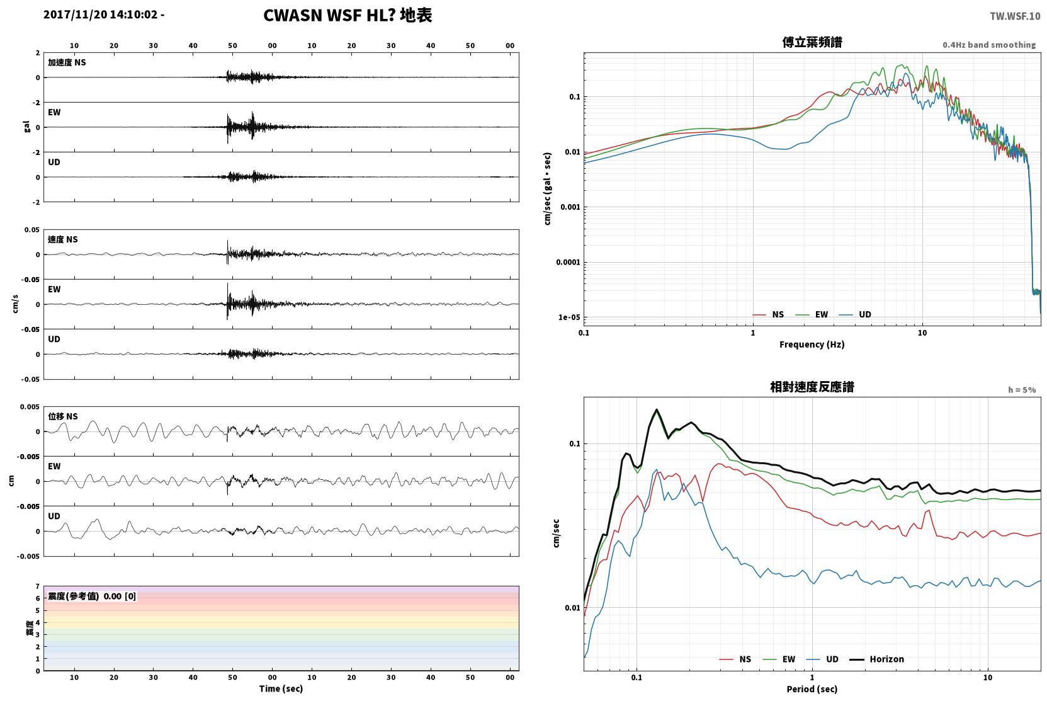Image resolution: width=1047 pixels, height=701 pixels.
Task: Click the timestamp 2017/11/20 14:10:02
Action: point(101,14)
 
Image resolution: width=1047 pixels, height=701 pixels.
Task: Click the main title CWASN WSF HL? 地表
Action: point(348,16)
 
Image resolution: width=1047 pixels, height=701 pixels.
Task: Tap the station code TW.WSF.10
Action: point(1015,16)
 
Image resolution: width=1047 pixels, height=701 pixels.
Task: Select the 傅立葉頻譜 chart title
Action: point(812,43)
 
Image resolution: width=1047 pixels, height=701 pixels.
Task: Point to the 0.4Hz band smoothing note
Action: point(989,45)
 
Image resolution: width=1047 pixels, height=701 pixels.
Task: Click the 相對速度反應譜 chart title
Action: point(812,387)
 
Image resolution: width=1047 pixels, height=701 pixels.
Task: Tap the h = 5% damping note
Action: point(1022,390)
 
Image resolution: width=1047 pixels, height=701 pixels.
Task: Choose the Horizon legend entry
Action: point(877,659)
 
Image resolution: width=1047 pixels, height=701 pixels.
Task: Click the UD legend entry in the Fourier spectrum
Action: point(856,315)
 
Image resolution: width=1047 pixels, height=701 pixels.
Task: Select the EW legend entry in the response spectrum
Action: point(779,659)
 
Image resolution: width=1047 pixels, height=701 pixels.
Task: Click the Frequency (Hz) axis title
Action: point(812,345)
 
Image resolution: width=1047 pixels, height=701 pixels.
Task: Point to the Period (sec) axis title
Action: point(812,689)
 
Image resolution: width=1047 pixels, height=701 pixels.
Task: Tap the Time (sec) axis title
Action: point(281,689)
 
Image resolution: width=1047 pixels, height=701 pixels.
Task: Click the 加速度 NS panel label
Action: point(67,62)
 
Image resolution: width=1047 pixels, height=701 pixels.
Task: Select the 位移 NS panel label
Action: point(63,417)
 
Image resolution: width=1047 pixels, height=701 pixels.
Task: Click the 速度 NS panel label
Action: point(62,240)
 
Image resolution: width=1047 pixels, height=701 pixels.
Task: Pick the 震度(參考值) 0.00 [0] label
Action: point(92,596)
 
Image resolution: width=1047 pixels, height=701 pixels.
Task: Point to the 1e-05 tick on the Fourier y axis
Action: point(569,317)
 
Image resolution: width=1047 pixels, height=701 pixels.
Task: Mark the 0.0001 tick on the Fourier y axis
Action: point(568,263)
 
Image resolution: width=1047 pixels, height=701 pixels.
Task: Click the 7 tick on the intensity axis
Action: point(38,586)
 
